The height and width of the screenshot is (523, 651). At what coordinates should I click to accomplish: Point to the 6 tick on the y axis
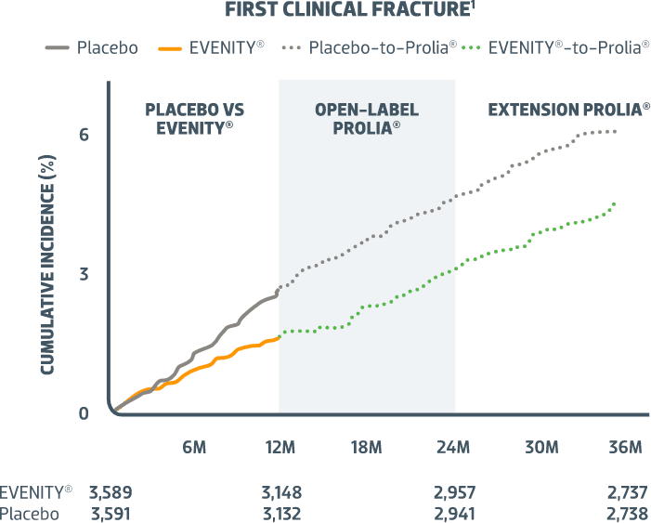[84, 135]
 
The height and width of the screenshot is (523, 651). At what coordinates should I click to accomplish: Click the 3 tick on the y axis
[84, 274]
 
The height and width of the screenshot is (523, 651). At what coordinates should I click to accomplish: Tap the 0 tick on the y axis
[84, 413]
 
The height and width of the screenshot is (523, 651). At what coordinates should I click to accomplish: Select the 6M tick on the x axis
[193, 448]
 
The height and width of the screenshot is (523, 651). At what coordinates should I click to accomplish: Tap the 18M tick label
[366, 448]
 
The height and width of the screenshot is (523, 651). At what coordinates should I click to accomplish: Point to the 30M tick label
[540, 448]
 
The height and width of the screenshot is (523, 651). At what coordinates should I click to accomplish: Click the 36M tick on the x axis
[625, 448]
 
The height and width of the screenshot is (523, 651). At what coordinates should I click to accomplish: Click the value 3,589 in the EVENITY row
[116, 492]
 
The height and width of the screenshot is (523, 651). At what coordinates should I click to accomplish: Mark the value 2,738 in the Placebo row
[626, 514]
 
